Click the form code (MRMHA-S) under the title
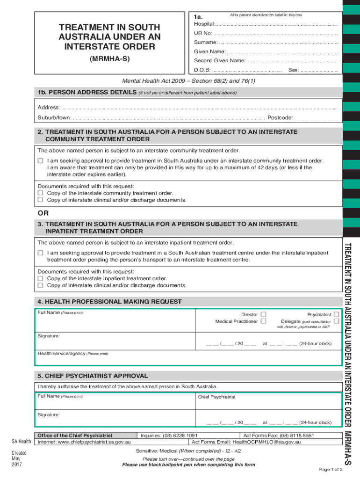[x=110, y=59]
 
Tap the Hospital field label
[x=204, y=24]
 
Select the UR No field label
[x=203, y=33]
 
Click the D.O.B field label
[x=202, y=70]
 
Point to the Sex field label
[x=294, y=70]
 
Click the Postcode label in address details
[x=280, y=117]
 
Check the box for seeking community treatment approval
[x=41, y=160]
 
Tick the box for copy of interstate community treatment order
[x=41, y=193]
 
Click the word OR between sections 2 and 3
[x=43, y=214]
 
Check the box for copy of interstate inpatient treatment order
[x=41, y=278]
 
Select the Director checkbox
[x=264, y=314]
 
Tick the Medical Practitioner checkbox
[x=264, y=321]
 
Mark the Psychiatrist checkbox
[x=336, y=314]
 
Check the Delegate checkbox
[x=336, y=321]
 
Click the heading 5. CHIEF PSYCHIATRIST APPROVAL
[x=93, y=376]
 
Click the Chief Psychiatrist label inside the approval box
[x=216, y=397]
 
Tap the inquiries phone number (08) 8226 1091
[x=186, y=435]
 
